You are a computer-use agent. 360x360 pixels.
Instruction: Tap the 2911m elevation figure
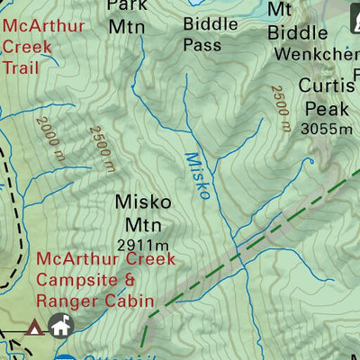pyautogui.click(x=143, y=245)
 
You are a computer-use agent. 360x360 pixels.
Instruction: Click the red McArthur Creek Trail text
pyautogui.click(x=42, y=45)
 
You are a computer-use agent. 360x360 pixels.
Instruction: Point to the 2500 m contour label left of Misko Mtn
pyautogui.click(x=102, y=148)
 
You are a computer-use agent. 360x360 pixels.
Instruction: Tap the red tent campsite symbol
pyautogui.click(x=35, y=327)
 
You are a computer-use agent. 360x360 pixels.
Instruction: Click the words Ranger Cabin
pyautogui.click(x=95, y=301)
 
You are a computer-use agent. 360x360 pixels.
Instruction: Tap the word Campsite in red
pyautogui.click(x=77, y=280)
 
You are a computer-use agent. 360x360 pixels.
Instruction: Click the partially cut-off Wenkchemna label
pyautogui.click(x=315, y=54)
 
